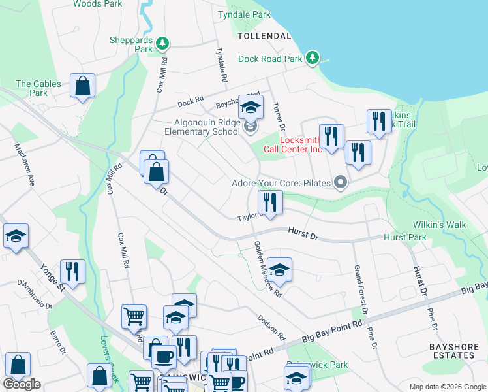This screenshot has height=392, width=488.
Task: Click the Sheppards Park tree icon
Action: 162,44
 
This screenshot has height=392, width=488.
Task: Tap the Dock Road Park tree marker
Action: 313,58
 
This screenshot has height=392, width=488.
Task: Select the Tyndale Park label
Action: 244,14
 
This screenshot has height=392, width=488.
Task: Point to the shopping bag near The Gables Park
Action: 83,86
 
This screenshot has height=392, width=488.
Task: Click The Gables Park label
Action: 38,88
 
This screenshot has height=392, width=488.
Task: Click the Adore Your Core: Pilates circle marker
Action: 339,183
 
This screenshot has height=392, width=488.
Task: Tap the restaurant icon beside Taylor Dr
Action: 269,203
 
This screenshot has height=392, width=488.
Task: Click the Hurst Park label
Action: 404,238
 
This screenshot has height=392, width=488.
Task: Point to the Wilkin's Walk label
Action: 439,225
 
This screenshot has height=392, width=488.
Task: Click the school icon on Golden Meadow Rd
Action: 279,270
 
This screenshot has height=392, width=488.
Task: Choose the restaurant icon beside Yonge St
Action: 72,272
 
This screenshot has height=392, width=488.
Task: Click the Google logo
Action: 22,384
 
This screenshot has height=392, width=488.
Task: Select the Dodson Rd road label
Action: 271,324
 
